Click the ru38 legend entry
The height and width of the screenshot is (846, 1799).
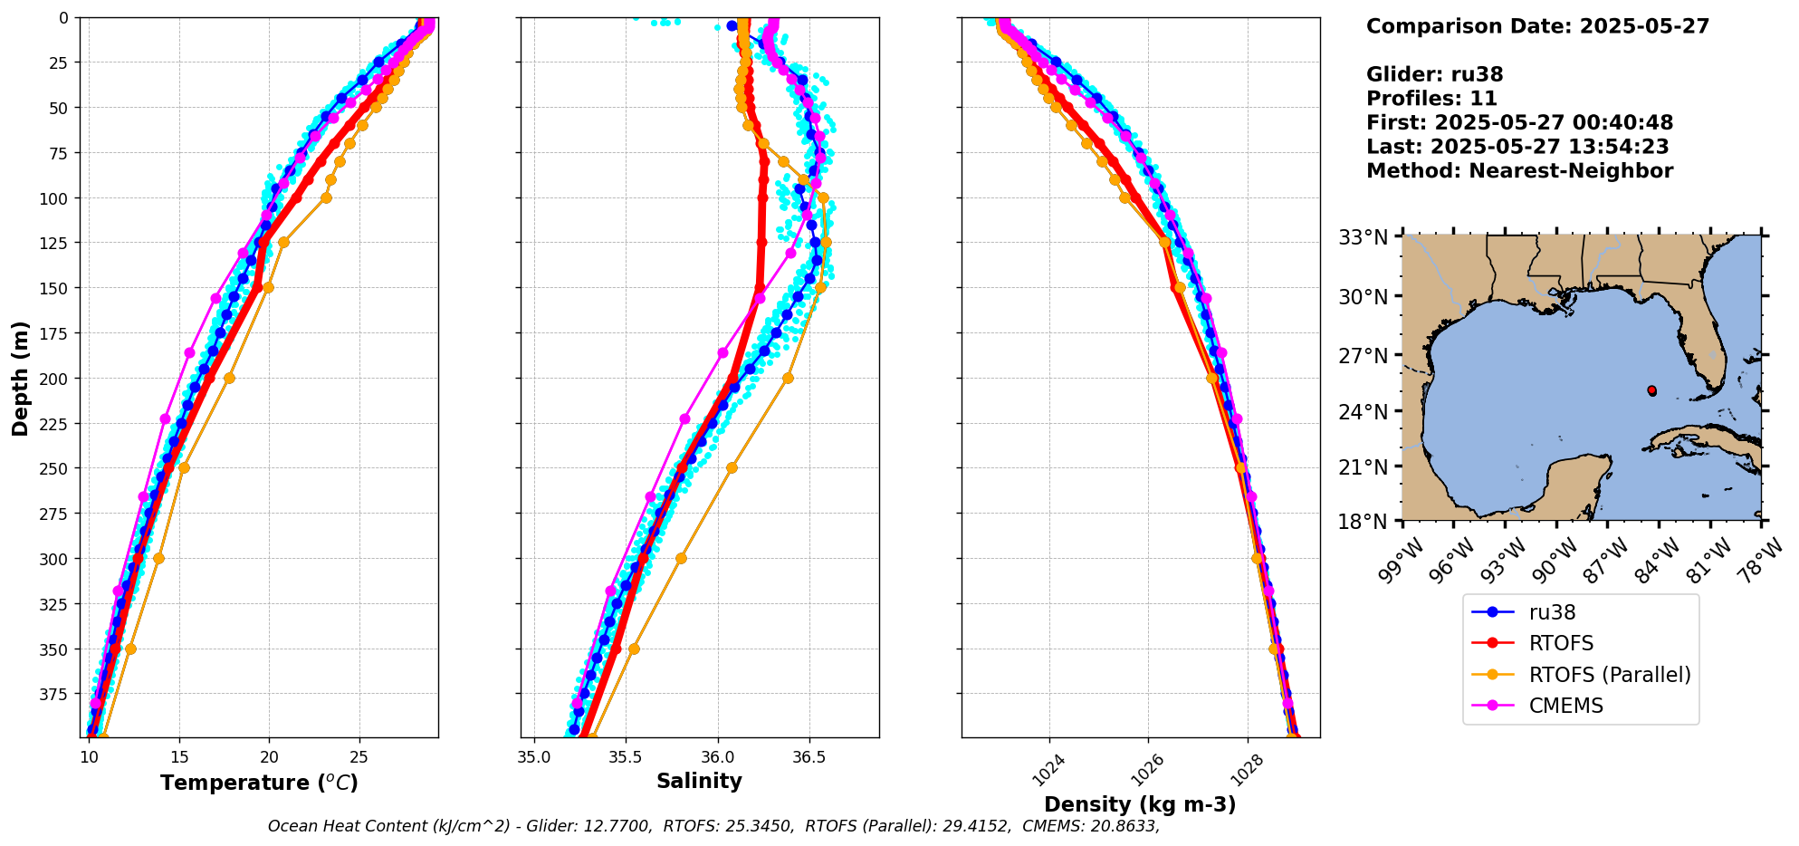tap(1552, 612)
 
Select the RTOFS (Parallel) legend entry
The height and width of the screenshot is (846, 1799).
tap(1609, 675)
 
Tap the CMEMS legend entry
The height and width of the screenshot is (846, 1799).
tap(1565, 706)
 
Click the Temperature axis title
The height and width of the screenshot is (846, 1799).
tap(259, 783)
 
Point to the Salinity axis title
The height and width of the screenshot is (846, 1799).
tap(699, 781)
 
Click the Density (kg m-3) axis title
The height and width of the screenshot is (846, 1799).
tap(1140, 804)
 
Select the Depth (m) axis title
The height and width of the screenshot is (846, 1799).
tap(20, 378)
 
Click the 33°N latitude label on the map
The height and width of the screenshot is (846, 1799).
tap(1364, 237)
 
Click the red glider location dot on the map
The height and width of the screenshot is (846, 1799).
tap(1651, 390)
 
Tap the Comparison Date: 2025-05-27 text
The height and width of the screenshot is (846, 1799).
tap(1537, 26)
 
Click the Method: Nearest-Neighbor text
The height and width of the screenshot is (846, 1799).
tap(1519, 171)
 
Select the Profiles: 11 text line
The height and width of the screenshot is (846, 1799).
tap(1431, 99)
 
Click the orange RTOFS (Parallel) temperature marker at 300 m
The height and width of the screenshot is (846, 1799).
tap(158, 558)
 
